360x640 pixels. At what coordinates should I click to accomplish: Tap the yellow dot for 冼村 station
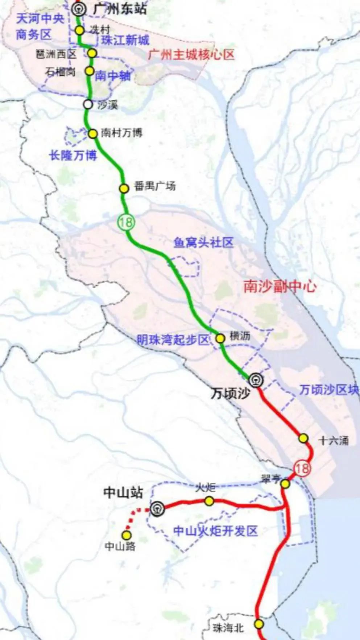pyautogui.click(x=80, y=30)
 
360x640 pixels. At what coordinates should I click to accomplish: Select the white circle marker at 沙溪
pyautogui.click(x=88, y=104)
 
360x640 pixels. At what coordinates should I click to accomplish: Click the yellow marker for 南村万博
pyautogui.click(x=93, y=134)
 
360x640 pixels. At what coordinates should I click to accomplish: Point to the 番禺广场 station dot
pyautogui.click(x=124, y=188)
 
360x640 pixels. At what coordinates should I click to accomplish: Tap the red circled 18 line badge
pyautogui.click(x=302, y=468)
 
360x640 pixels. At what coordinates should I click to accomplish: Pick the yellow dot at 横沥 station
pyautogui.click(x=220, y=338)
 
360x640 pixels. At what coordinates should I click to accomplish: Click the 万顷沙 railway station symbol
pyautogui.click(x=256, y=380)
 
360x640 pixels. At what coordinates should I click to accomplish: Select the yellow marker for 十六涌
pyautogui.click(x=303, y=439)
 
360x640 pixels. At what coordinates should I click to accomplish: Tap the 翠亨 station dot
pyautogui.click(x=285, y=484)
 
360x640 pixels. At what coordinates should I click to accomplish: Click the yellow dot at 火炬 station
pyautogui.click(x=209, y=501)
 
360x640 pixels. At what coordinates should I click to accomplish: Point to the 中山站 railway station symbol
pyautogui.click(x=157, y=509)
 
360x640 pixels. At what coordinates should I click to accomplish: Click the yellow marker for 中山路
pyautogui.click(x=127, y=535)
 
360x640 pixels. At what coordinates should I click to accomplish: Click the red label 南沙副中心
pyautogui.click(x=280, y=287)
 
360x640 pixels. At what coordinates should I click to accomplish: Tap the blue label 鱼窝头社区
pyautogui.click(x=203, y=242)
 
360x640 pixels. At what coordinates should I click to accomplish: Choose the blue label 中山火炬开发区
pyautogui.click(x=215, y=531)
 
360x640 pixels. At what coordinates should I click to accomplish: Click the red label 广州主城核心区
pyautogui.click(x=191, y=55)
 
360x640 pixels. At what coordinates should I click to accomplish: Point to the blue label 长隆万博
pyautogui.click(x=73, y=155)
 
